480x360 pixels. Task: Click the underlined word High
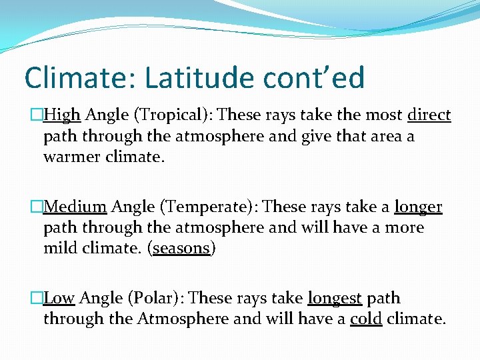coord(62,115)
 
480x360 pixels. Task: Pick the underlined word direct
coord(429,115)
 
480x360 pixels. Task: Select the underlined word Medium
coord(75,207)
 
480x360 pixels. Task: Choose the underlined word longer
coord(418,207)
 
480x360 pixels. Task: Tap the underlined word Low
coord(60,298)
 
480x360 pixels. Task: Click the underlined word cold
coord(365,319)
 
